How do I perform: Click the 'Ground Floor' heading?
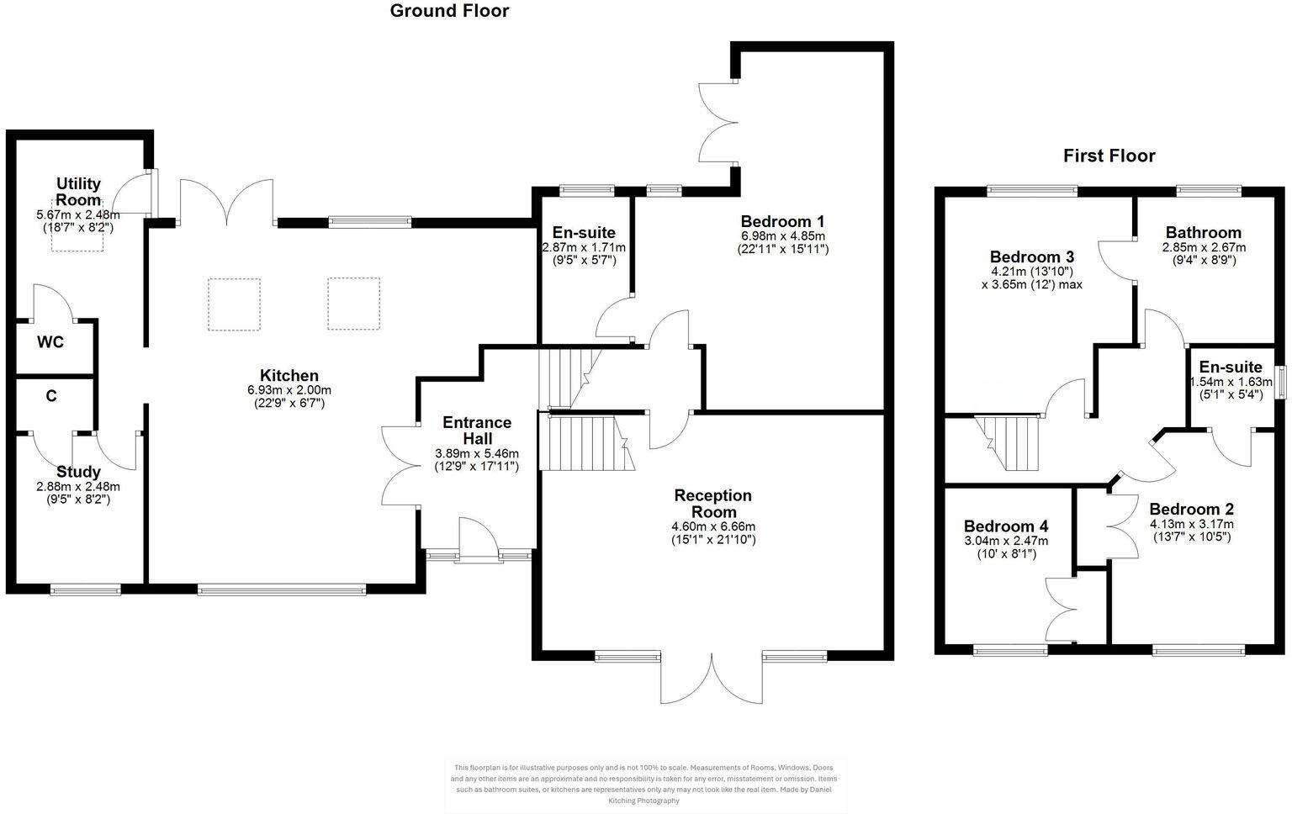449,11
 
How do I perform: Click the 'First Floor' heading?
1109,156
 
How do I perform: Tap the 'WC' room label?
50,343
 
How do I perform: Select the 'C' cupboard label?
51,395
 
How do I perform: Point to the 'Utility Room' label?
78,192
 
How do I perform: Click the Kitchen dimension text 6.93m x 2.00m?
289,390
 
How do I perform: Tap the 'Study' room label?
78,472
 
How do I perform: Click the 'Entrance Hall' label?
477,431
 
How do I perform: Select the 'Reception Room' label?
712,504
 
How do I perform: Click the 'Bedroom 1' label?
782,221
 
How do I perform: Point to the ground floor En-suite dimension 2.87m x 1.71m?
584,248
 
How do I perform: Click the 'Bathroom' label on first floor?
1203,233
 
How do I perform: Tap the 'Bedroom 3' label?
1031,256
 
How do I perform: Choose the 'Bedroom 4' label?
1006,526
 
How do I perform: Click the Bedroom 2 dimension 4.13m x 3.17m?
1192,523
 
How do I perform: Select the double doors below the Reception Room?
712,677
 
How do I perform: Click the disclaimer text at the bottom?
645,784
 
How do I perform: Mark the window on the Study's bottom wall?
85,589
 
